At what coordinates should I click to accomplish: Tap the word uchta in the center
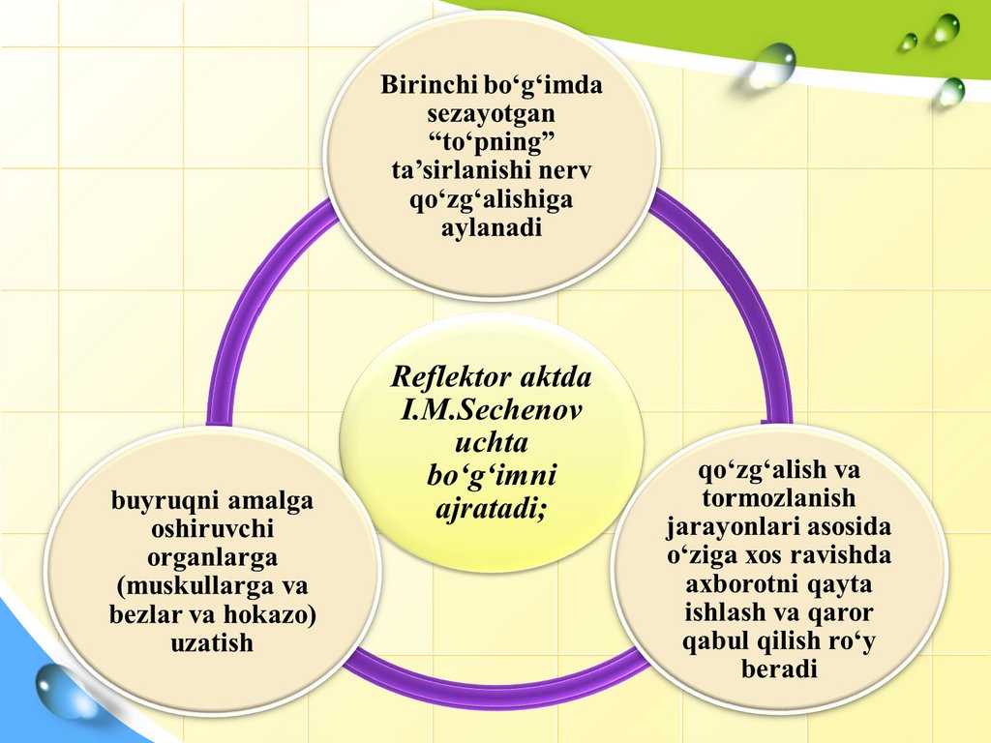(x=491, y=443)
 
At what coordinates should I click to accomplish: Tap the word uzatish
(x=212, y=642)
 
